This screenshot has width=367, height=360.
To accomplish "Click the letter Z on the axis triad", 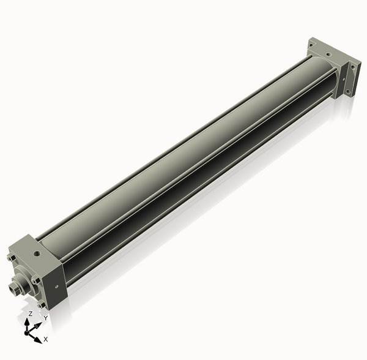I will [29, 313].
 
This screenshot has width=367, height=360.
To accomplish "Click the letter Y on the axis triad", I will [45, 318].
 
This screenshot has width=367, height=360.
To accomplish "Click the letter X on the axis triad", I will [46, 339].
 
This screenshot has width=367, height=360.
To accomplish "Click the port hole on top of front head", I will [37, 251].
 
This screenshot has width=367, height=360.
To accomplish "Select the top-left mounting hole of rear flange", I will [311, 43].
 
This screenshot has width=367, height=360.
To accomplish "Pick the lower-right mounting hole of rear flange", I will [350, 91].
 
